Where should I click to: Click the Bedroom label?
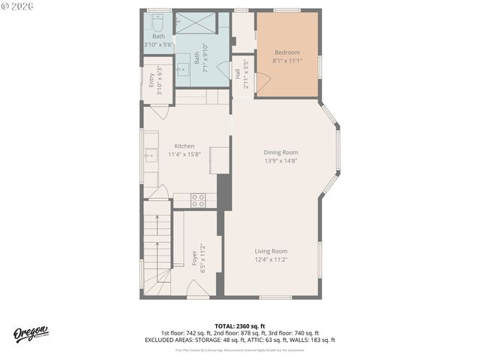tap(286, 52)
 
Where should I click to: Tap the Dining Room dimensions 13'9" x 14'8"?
tap(281, 160)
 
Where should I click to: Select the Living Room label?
tap(271, 251)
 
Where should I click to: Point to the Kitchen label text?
tap(184, 146)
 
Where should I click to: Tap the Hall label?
tap(238, 75)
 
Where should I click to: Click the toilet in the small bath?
tap(158, 20)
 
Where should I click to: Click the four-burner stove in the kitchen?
tap(198, 199)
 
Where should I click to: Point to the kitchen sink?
tap(150, 155)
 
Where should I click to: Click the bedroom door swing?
tap(262, 83)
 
